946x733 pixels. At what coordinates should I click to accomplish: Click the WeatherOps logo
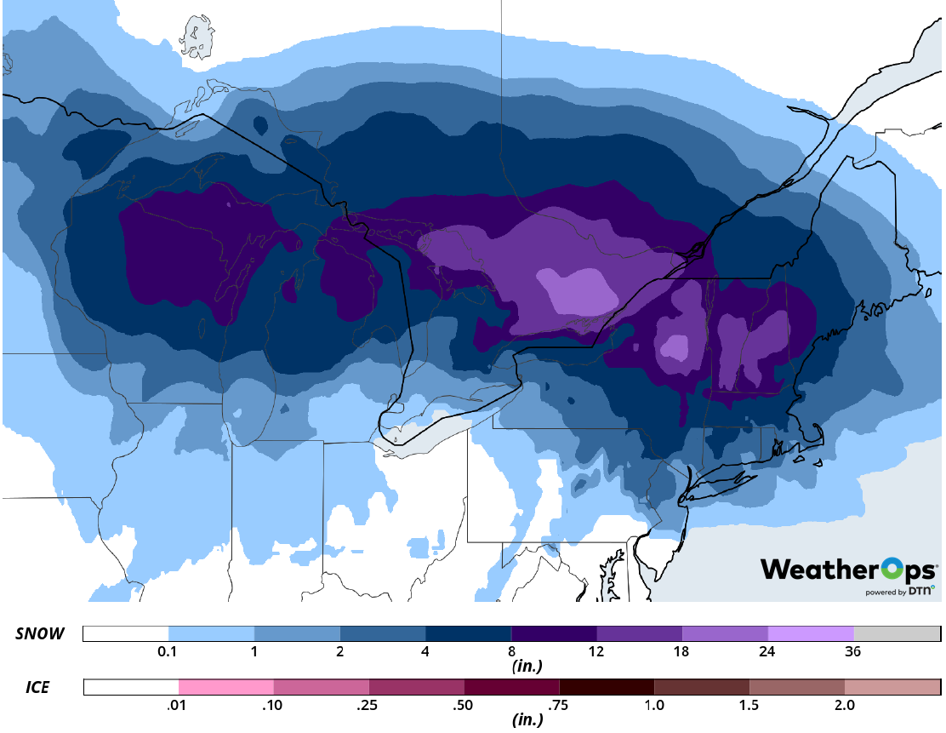848,569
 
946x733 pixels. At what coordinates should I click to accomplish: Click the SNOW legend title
40,634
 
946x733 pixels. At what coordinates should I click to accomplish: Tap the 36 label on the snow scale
853,652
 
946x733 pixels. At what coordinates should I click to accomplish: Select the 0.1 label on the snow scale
168,652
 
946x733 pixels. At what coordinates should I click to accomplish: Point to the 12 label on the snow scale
596,652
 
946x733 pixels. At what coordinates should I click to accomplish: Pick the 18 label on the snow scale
682,652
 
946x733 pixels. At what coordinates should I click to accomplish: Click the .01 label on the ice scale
179,705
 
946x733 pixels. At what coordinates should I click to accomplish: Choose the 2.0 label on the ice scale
844,705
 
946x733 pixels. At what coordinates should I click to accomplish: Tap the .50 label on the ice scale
464,705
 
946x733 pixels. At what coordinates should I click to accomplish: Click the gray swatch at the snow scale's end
897,634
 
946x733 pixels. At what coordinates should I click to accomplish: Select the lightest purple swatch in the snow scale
811,634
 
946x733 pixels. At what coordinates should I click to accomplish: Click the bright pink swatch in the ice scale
226,686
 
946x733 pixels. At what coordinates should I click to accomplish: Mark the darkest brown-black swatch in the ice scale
607,686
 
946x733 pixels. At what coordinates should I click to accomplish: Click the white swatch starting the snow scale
126,634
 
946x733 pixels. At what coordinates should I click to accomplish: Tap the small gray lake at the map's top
197,36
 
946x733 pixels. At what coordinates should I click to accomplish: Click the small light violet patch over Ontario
578,289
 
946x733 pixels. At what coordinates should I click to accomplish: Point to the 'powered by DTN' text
900,591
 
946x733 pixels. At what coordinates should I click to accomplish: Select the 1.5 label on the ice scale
749,705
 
